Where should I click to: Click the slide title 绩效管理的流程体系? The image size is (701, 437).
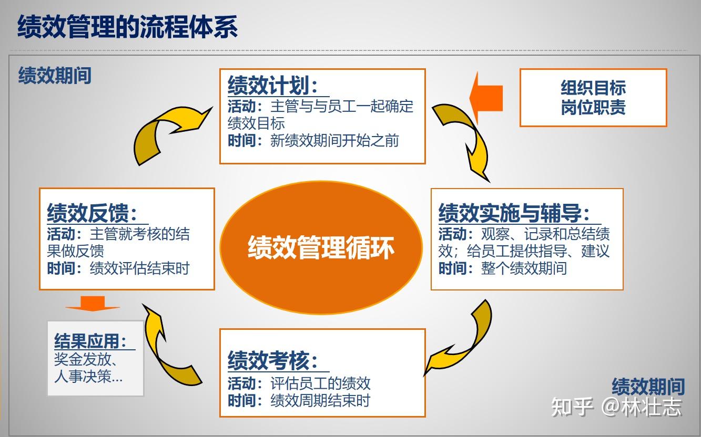pyautogui.click(x=128, y=27)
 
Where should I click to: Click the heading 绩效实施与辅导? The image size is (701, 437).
pyautogui.click(x=513, y=213)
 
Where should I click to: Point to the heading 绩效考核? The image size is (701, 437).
pyautogui.click(x=273, y=360)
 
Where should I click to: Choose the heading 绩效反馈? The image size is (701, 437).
pyautogui.click(x=93, y=213)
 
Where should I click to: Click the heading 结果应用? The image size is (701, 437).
pyautogui.click(x=91, y=341)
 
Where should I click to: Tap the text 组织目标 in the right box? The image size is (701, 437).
pyautogui.click(x=593, y=88)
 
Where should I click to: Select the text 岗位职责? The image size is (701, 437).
pyautogui.click(x=593, y=108)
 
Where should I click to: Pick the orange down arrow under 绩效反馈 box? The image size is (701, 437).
pyautogui.click(x=93, y=304)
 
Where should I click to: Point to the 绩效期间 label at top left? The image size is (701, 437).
pyautogui.click(x=55, y=76)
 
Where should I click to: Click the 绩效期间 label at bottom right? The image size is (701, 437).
pyautogui.click(x=648, y=387)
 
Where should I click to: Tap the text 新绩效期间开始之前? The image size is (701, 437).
pyautogui.click(x=334, y=141)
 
